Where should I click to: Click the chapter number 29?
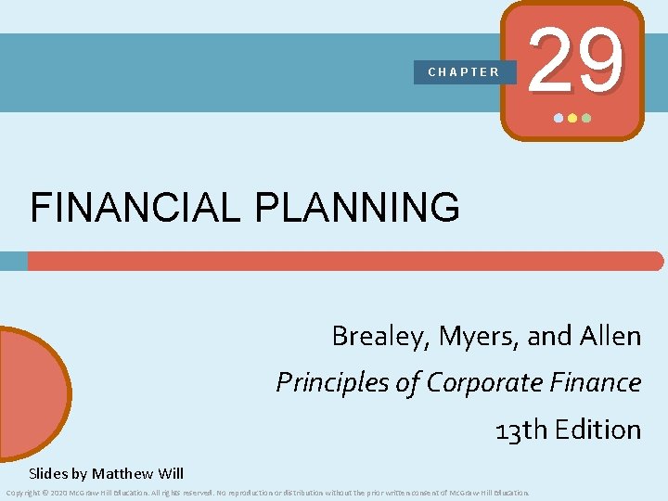point(572,61)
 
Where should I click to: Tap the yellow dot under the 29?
point(572,119)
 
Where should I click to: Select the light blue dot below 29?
point(558,119)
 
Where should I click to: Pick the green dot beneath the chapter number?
point(585,119)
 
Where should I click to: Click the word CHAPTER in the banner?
point(464,71)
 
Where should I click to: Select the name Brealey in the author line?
point(372,337)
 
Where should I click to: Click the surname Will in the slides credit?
point(172,474)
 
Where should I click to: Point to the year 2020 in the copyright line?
point(57,493)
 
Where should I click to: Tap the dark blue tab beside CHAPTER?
point(509,72)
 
